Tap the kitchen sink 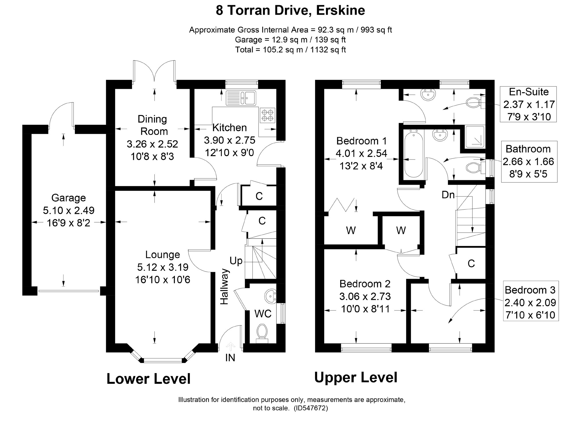pos(241,98)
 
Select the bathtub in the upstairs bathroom pos(413,153)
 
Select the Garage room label pos(69,198)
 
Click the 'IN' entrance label pos(230,358)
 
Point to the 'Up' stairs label pos(236,261)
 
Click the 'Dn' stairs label pos(448,195)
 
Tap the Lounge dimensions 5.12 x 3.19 pos(163,267)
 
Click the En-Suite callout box pos(528,104)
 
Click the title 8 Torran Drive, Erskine pos(290,10)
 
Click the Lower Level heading pos(148,379)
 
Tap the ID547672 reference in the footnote pos(311,408)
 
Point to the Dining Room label pos(152,125)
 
